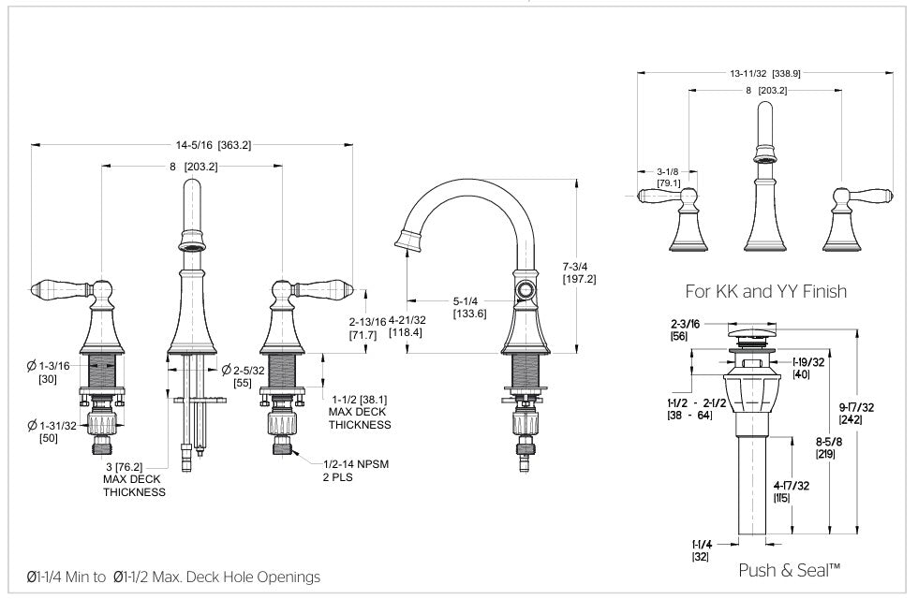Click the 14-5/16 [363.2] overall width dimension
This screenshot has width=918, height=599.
point(214,145)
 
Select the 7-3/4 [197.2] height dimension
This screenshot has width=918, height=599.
point(579,272)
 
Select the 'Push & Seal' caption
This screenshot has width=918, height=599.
point(789,570)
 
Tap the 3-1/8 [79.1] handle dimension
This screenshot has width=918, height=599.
point(668,177)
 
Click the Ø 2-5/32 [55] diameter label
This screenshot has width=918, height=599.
point(243,377)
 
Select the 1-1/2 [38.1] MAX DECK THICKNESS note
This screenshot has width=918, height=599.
point(360,410)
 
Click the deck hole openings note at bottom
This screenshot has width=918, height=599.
point(173,577)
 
